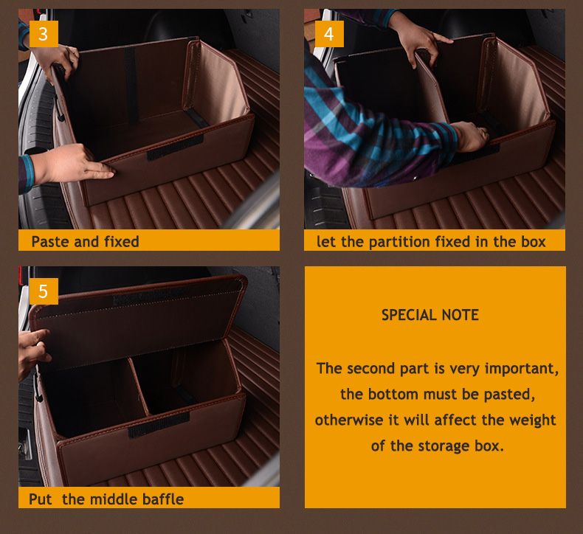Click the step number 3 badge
(44, 34)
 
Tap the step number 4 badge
(329, 34)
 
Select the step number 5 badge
(44, 291)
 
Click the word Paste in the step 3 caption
(51, 241)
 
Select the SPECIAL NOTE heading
(430, 315)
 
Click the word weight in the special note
(532, 420)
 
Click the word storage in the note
(444, 446)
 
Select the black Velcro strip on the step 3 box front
(175, 148)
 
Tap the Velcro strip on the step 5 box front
(159, 424)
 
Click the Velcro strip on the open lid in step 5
(150, 296)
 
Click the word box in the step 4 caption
(533, 241)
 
